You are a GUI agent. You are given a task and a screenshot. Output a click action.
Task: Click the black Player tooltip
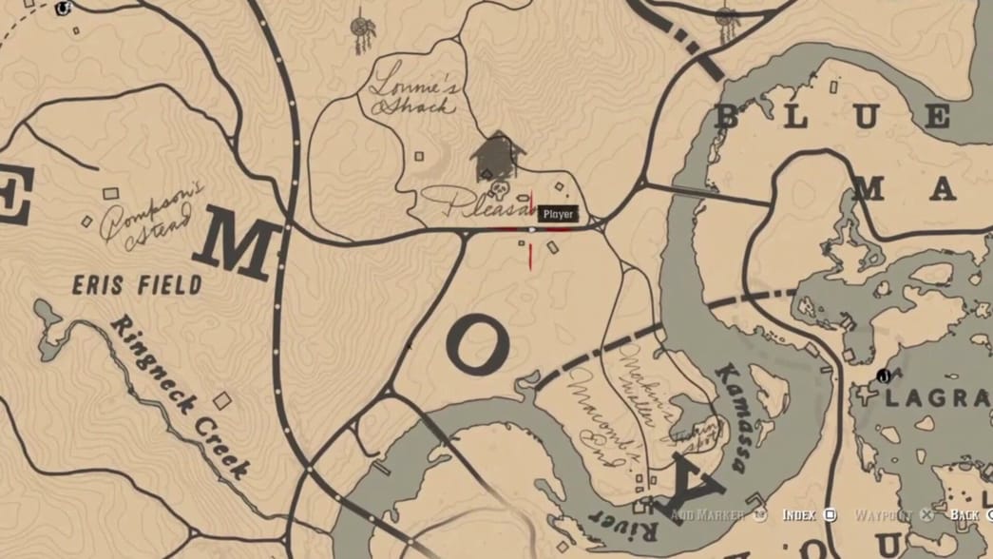(x=558, y=215)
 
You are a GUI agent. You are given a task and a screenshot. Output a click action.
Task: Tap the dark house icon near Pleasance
(x=497, y=155)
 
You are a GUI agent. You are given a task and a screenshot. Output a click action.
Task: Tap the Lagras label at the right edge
(x=937, y=398)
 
